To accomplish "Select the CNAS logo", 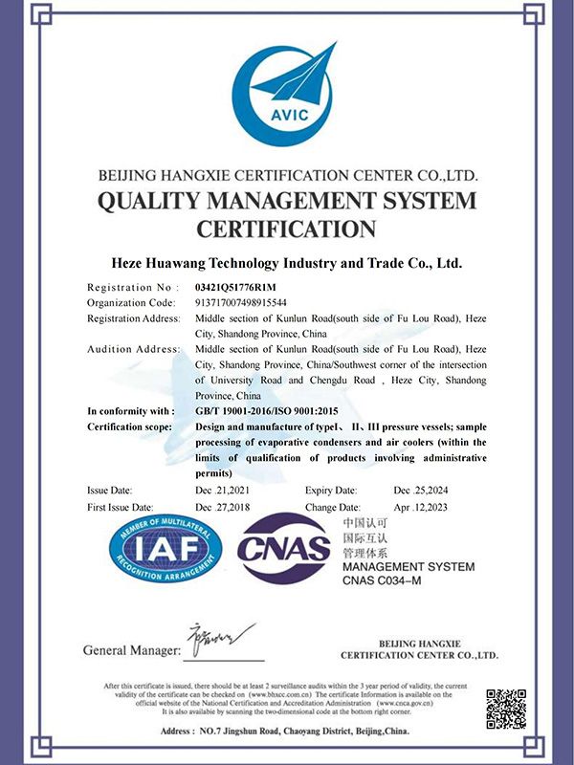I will pos(285,548).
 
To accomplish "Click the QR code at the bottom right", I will pos(505,709).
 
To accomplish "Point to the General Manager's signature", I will pos(220,638).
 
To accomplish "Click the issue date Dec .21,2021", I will pos(228,490).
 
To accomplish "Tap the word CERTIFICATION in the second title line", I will pos(286,229).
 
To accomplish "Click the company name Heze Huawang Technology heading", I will pos(287,262).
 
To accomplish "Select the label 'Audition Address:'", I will pos(133,349).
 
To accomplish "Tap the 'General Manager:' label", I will pos(131,650).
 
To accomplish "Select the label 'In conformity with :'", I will pos(132,410).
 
